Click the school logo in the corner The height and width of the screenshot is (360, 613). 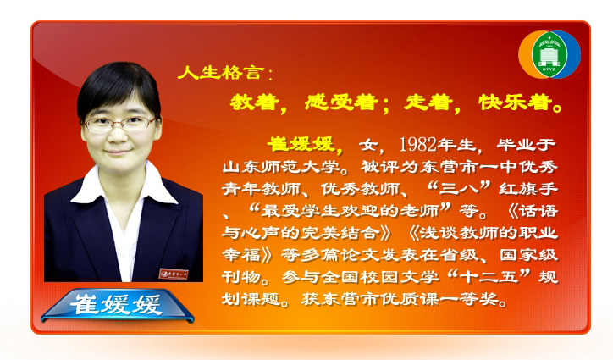pyautogui.click(x=549, y=54)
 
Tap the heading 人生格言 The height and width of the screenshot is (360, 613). pyautogui.click(x=219, y=73)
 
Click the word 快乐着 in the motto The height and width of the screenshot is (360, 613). pyautogui.click(x=516, y=102)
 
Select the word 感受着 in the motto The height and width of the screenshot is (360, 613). pyautogui.click(x=341, y=102)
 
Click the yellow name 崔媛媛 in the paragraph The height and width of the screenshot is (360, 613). pyautogui.click(x=301, y=144)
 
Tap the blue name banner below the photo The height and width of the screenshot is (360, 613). pyautogui.click(x=118, y=305)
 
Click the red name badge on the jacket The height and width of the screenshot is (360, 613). pyautogui.click(x=174, y=274)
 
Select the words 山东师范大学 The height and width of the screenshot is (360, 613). pyautogui.click(x=281, y=167)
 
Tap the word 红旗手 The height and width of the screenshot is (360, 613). pyautogui.click(x=528, y=189)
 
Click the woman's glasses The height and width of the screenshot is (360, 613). pyautogui.click(x=119, y=124)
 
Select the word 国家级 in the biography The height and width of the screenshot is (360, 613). pyautogui.click(x=528, y=255)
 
